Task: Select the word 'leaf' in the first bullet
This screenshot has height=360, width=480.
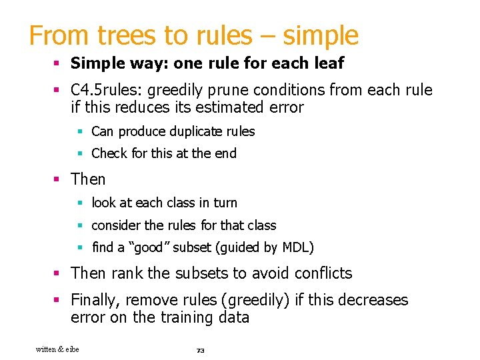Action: [329, 63]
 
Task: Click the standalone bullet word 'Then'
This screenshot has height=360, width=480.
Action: [88, 179]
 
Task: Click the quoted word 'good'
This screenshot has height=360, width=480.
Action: [148, 247]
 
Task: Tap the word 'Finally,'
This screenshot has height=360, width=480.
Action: [97, 300]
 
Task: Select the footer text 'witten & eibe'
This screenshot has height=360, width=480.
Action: [57, 349]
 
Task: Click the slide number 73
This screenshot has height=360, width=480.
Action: [199, 350]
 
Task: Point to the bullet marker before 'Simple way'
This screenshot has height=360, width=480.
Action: [58, 64]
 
